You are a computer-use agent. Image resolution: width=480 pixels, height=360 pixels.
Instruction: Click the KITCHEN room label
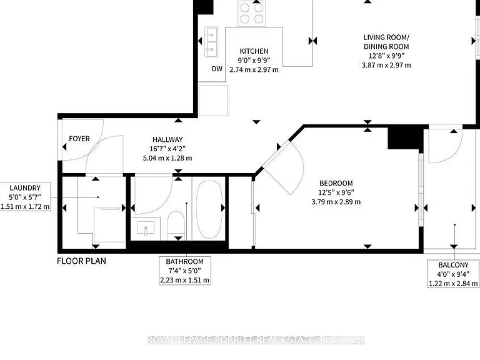[254, 51]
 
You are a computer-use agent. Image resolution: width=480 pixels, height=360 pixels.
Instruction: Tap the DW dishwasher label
[217, 69]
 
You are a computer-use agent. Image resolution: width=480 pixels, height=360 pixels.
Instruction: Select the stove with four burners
[252, 14]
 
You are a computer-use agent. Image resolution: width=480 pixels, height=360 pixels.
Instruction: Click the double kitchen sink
[211, 42]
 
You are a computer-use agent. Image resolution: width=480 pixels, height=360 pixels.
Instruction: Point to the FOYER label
[79, 139]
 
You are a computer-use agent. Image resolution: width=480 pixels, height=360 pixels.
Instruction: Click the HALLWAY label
[167, 139]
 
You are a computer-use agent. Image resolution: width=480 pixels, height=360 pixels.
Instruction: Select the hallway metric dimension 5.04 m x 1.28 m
[167, 158]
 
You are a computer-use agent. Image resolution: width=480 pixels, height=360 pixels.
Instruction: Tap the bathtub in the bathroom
[210, 209]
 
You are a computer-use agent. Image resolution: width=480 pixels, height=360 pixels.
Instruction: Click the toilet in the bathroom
[176, 225]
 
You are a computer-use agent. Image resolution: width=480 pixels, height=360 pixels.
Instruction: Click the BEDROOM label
[336, 183]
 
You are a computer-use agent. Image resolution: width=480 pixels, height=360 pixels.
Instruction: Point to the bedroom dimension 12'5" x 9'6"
[336, 192]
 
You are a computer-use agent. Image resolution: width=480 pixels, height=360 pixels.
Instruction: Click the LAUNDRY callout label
[25, 188]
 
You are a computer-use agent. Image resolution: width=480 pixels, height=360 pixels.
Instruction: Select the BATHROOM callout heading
[184, 262]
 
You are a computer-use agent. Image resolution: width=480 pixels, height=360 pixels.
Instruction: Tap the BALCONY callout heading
[453, 265]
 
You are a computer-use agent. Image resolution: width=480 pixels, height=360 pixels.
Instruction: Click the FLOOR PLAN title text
[81, 261]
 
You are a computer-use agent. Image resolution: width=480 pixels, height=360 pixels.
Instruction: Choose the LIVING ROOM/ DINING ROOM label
[386, 42]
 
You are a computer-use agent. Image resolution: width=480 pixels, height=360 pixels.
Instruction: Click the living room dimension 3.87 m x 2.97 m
[386, 65]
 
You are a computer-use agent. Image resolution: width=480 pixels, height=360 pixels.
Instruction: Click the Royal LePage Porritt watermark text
[256, 340]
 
